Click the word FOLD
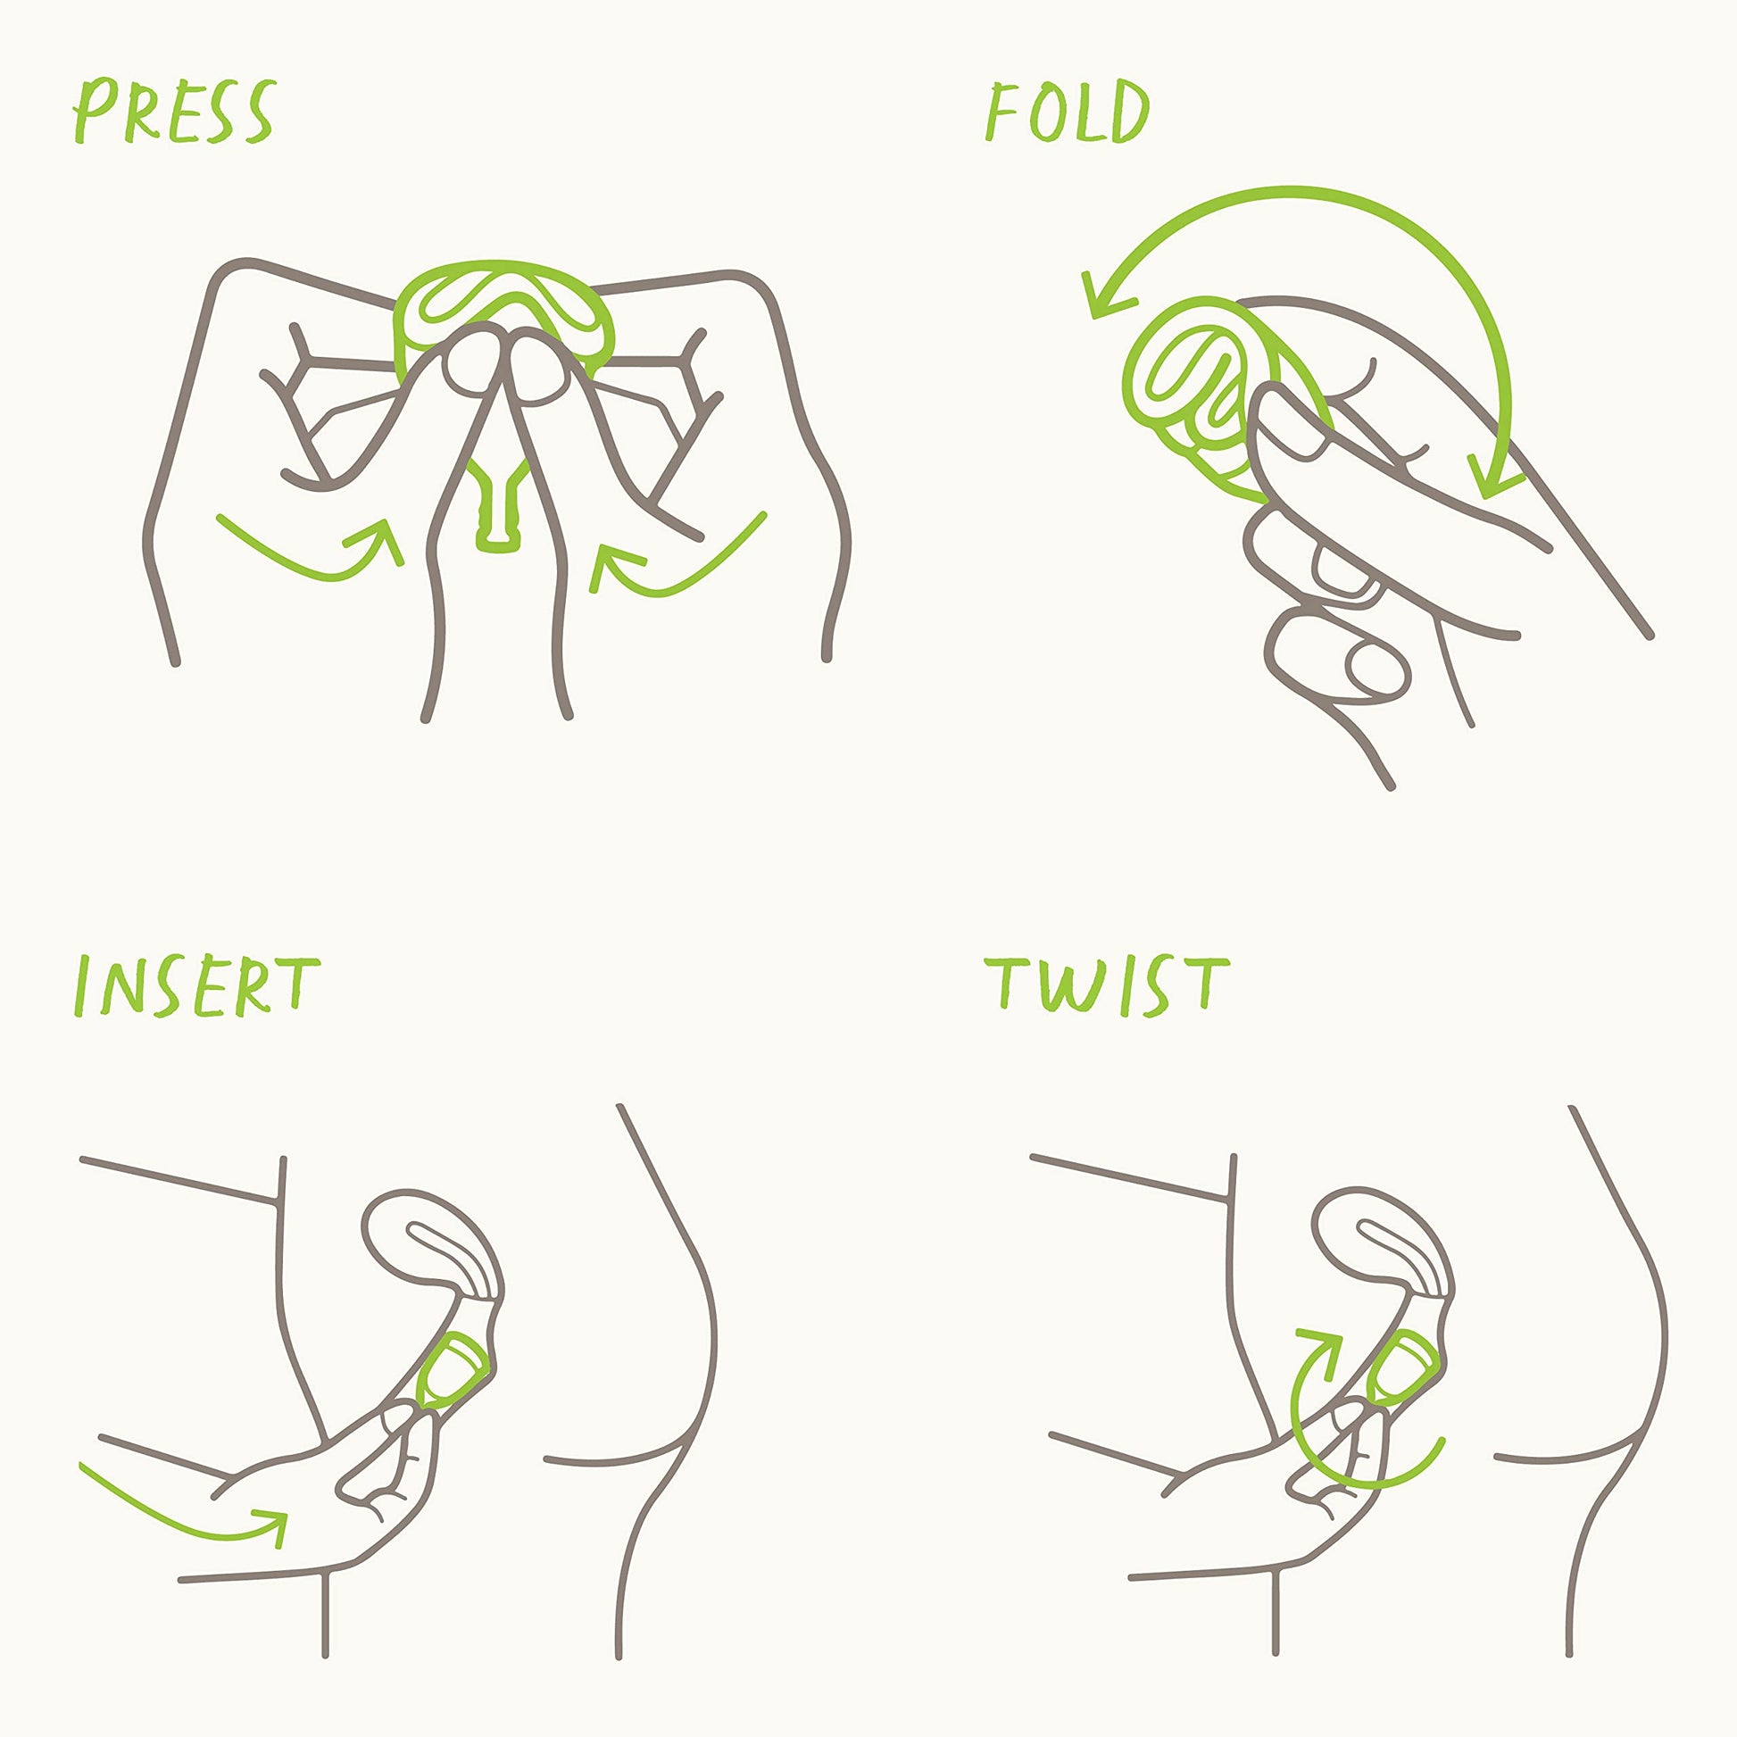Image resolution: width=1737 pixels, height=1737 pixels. pyautogui.click(x=1068, y=112)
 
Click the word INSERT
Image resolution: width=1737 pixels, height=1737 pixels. pyautogui.click(x=195, y=987)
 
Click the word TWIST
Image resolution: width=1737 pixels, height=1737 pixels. pyautogui.click(x=1107, y=986)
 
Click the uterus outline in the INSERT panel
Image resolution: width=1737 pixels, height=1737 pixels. pyautogui.click(x=422, y=1241)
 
